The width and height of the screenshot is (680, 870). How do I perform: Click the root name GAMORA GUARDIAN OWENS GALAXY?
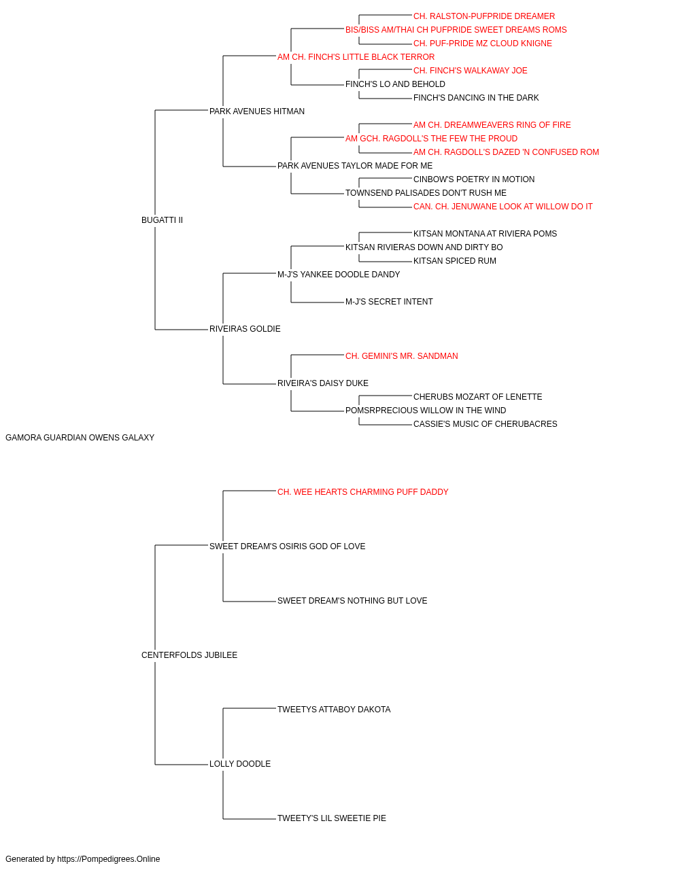[80, 438]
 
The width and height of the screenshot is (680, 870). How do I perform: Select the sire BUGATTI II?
[163, 220]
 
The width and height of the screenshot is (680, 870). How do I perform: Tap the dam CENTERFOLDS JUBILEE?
[190, 655]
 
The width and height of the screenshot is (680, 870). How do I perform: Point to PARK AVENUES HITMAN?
[257, 111]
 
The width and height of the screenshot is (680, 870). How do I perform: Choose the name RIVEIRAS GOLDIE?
[245, 329]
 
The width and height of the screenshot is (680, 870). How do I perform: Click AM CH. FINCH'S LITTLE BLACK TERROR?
[356, 57]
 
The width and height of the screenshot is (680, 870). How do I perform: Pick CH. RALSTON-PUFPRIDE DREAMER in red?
[484, 16]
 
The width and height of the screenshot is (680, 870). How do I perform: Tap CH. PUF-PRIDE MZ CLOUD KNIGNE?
[483, 43]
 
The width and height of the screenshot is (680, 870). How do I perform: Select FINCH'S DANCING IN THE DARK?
[476, 98]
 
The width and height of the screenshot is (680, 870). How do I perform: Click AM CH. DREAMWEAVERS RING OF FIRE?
[492, 125]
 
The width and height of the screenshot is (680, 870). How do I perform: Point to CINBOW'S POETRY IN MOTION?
[474, 179]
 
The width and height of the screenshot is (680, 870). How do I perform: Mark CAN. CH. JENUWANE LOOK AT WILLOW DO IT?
[503, 207]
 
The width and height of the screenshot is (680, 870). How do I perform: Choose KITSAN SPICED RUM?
[454, 261]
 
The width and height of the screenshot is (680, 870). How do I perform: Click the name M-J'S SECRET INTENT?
[389, 302]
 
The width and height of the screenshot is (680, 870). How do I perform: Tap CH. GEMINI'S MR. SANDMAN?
[402, 356]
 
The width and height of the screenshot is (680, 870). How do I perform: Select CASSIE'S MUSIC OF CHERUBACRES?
[486, 424]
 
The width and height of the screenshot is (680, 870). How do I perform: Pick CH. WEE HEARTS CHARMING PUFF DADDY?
[363, 492]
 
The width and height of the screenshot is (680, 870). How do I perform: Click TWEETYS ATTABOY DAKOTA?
[334, 710]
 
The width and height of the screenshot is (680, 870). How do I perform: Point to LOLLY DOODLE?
[240, 764]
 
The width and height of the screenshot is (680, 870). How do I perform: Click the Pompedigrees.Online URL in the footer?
[109, 859]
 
